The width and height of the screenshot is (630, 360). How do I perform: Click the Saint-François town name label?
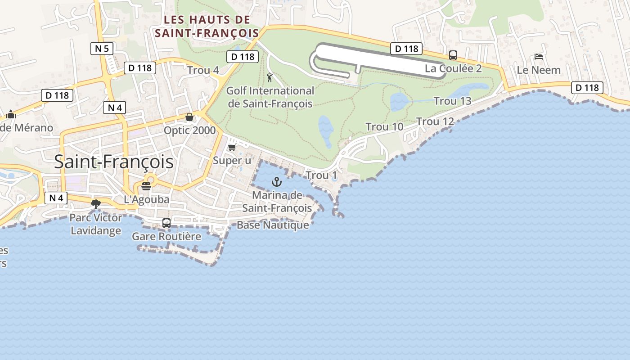(x=113, y=162)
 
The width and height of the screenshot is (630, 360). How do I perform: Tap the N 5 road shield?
(x=102, y=48)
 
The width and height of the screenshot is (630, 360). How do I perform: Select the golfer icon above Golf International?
(x=270, y=78)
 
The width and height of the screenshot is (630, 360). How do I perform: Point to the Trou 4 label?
(x=203, y=70)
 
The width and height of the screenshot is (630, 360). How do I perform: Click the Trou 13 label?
(x=452, y=101)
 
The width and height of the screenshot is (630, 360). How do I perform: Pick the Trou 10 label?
(x=384, y=127)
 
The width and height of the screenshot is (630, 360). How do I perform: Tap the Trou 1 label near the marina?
(x=321, y=175)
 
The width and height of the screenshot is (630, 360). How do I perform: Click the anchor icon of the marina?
(x=277, y=182)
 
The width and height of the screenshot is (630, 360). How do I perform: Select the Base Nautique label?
(x=273, y=225)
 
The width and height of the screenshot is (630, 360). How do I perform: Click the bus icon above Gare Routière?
(x=166, y=223)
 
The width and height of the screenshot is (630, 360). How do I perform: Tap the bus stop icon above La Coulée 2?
(x=453, y=55)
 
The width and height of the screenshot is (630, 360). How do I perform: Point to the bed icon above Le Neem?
(x=538, y=57)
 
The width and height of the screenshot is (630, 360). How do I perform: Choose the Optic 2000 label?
(x=189, y=130)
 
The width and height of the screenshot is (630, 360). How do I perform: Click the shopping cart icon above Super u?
(x=232, y=147)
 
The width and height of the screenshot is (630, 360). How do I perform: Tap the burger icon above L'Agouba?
(x=146, y=186)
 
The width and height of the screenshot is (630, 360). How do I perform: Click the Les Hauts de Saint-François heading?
(x=207, y=27)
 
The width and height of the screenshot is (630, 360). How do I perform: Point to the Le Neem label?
(x=538, y=70)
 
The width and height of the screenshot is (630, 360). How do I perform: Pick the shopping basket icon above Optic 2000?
(x=189, y=117)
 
